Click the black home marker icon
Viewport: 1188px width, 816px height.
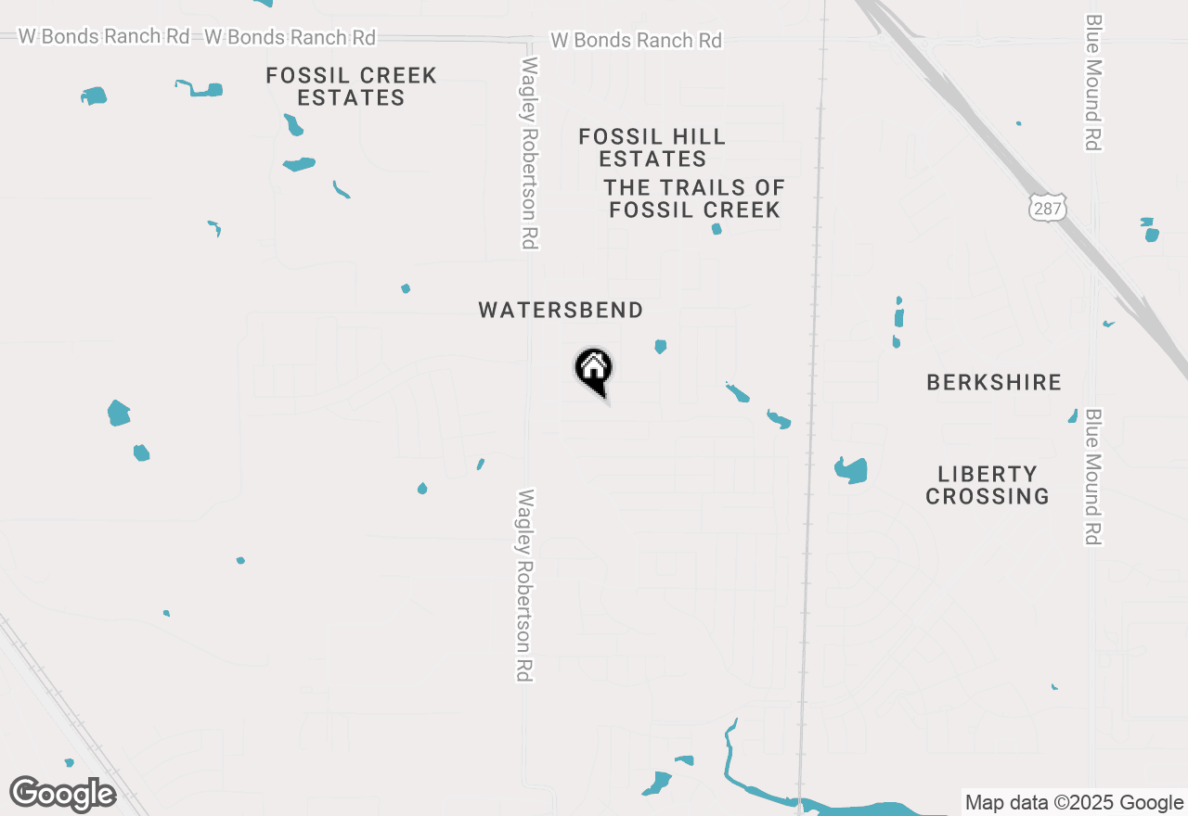pos(594,370)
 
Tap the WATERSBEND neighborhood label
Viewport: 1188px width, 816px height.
pos(561,310)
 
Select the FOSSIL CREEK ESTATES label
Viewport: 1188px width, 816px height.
pos(351,86)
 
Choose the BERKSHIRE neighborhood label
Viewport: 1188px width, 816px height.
pos(993,382)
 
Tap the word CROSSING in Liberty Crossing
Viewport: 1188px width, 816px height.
pos(987,496)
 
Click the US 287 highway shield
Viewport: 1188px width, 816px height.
pos(1047,208)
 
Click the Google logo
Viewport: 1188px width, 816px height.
pos(62,794)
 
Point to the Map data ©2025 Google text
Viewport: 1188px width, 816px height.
pos(1074,803)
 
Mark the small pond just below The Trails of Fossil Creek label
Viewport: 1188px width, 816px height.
pos(717,228)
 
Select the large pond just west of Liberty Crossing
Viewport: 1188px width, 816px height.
pos(851,470)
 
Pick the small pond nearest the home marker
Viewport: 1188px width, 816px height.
pos(660,346)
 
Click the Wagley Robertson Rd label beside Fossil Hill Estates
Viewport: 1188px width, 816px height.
pos(530,153)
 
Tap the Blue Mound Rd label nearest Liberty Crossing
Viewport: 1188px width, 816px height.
pos(1092,477)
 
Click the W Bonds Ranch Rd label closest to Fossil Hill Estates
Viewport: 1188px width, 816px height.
pos(636,40)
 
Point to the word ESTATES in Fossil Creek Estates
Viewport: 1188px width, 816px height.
pos(351,97)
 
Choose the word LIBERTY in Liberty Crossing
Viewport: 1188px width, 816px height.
pos(987,474)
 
